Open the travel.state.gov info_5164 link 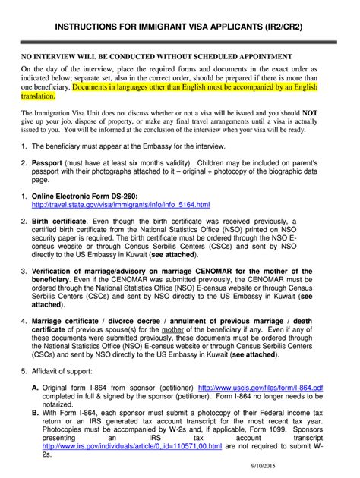[121, 206]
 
